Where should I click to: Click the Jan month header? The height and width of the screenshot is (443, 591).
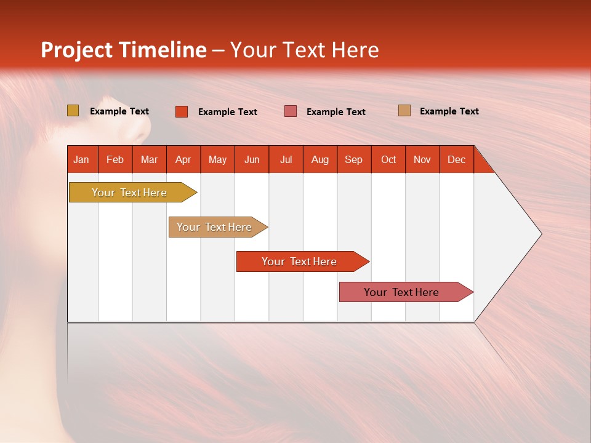81,159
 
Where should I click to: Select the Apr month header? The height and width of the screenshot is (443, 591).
183,159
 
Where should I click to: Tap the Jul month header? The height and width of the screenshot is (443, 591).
286,159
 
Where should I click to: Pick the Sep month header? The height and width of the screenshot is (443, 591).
353,159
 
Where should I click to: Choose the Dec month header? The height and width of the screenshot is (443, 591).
456,159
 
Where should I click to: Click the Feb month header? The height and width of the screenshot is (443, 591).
115,159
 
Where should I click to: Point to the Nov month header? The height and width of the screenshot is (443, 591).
422,159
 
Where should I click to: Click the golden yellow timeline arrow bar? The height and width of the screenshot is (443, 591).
129,193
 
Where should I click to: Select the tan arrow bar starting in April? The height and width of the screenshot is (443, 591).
214,227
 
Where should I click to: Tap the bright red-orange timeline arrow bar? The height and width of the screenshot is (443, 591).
299,261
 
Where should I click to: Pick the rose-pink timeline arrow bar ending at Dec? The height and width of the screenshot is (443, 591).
401,292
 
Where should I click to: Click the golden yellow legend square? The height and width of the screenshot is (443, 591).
73,111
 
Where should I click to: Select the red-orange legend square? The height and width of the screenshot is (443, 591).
181,111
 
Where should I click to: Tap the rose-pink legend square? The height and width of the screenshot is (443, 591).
291,111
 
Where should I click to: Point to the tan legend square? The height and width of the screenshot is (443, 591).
404,111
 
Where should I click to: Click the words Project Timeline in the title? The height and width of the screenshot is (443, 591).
123,50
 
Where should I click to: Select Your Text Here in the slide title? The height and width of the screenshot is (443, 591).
304,50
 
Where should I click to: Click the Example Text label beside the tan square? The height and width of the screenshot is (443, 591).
449,111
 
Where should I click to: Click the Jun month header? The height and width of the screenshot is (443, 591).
252,159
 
